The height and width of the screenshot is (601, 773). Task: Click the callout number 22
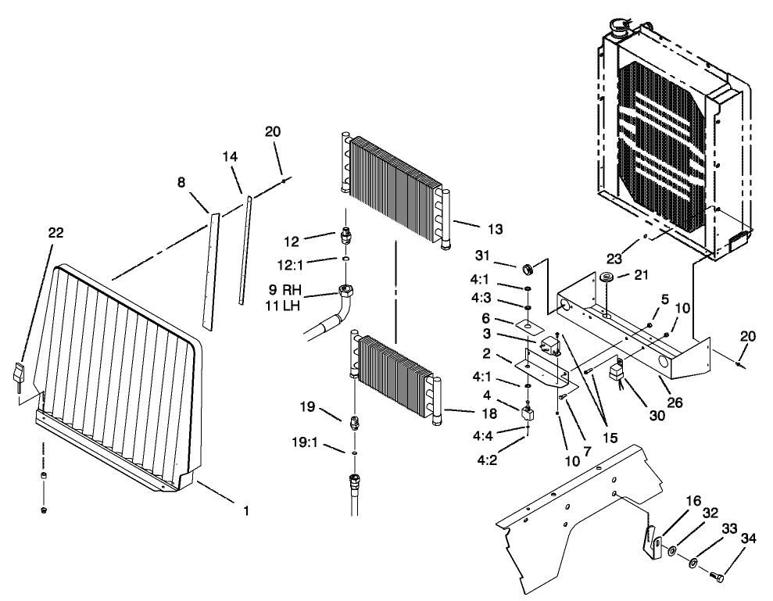(x=55, y=232)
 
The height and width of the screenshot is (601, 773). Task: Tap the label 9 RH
(x=285, y=288)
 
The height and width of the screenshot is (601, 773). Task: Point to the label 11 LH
(x=285, y=306)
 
